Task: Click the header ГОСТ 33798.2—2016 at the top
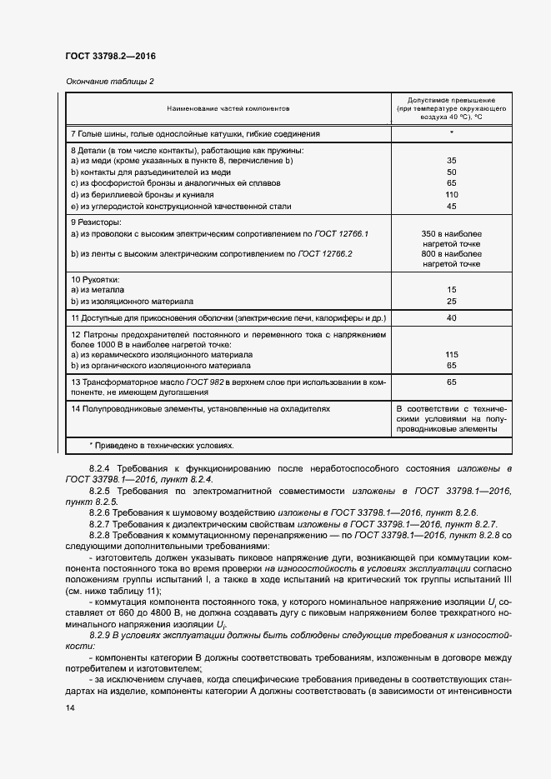pos(110,57)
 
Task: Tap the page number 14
pos(70,707)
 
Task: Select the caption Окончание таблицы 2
pos(109,81)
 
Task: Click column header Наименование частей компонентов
pos(228,108)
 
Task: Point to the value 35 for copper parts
pos(451,160)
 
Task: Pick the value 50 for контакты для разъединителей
pos(451,172)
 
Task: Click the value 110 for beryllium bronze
pos(451,194)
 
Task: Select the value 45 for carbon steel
pos(451,206)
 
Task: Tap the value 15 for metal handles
pos(451,290)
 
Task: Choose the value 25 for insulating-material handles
pos(451,301)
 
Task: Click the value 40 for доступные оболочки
pos(451,317)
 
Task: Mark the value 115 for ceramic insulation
pos(451,354)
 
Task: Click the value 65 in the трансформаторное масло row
pos(451,382)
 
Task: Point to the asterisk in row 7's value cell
pos(451,132)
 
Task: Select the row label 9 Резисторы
pos(96,222)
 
